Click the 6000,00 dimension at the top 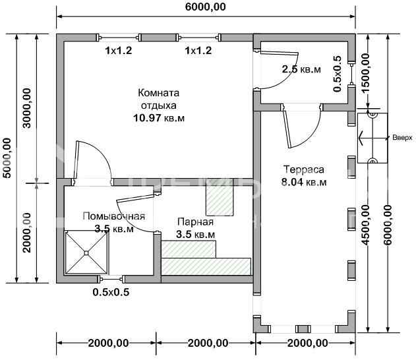pos(205,7)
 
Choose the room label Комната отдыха pos(159,98)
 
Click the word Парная pos(195,222)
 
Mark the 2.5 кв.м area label pos(297,69)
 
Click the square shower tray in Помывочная pos(86,251)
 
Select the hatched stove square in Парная pos(220,200)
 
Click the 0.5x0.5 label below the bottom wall pos(110,292)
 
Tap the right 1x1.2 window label pos(198,49)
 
